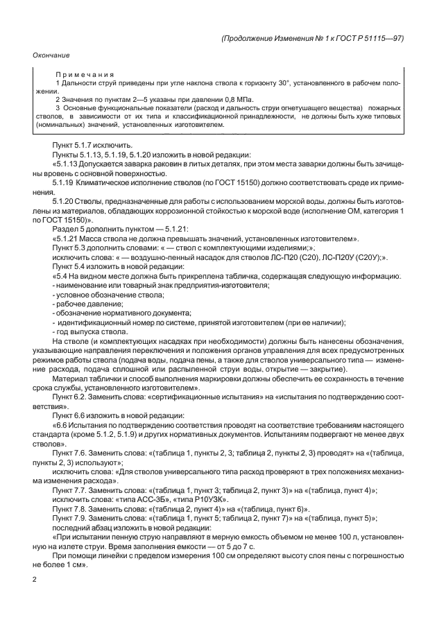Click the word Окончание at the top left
pyautogui.click(x=51, y=54)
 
